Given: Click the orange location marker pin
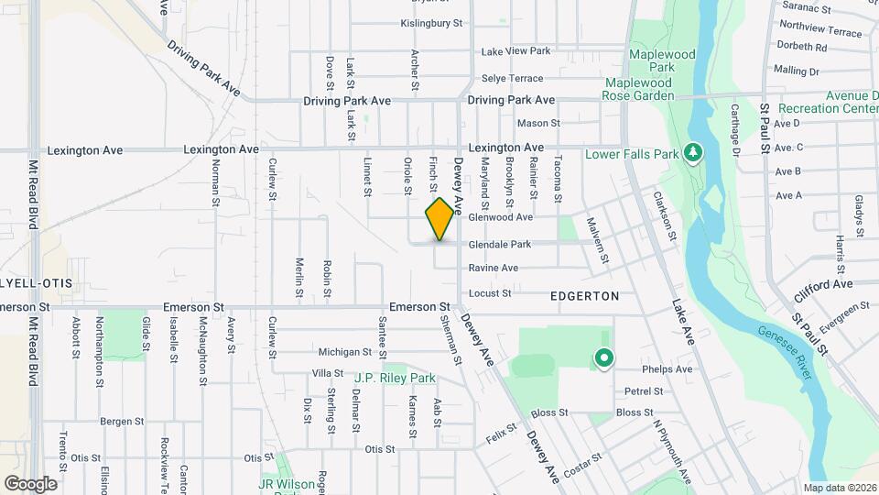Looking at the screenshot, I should coord(439,218).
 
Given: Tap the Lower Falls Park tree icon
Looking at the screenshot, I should coord(693,152).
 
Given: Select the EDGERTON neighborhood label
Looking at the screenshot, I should coord(585,296).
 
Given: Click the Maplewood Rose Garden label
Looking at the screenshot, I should coord(639,89).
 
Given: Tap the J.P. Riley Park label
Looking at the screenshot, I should coord(395,377).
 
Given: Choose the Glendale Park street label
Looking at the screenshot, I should coord(500,245).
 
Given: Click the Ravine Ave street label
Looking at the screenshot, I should coord(494,269).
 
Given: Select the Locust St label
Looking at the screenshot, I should coord(489,293).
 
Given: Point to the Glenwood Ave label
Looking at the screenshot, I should coord(500,218).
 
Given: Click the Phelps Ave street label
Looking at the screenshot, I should coord(667,369).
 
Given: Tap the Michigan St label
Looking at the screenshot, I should coord(345,352).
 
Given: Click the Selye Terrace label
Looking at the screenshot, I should coord(513,78).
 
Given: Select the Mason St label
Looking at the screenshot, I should coord(538,123).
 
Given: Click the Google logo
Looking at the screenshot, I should coord(30,483).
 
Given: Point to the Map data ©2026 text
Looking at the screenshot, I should coord(839,488).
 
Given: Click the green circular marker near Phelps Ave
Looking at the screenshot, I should coord(603,358).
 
